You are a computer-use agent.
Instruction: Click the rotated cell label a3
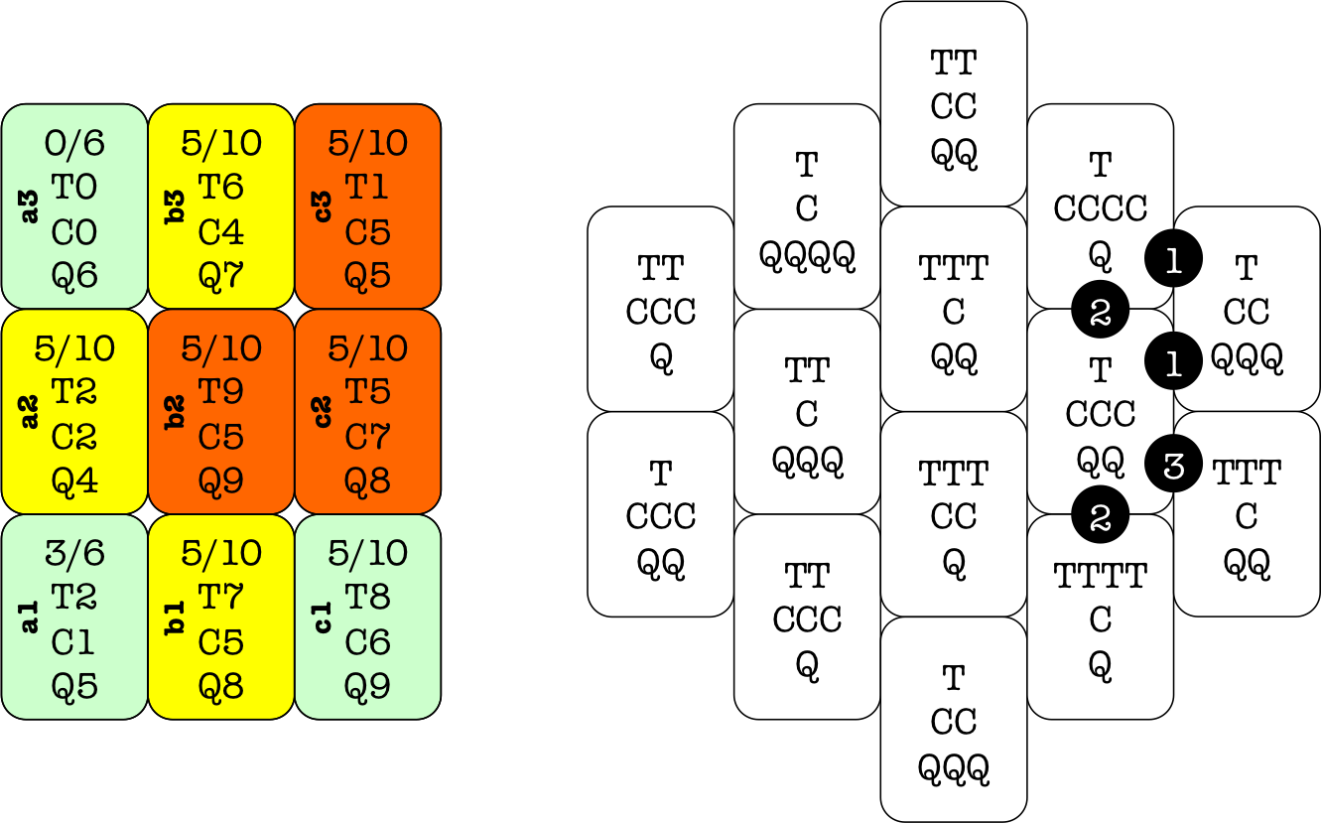click(30, 206)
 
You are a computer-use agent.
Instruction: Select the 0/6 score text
click(74, 144)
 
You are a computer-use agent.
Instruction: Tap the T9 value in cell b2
click(220, 392)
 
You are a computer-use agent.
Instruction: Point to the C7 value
click(367, 437)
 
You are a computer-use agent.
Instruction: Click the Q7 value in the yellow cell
click(220, 275)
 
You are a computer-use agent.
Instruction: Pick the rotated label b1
click(177, 617)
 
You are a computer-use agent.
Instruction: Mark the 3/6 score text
click(74, 553)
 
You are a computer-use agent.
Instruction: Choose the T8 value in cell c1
click(367, 598)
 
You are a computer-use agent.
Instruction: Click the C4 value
click(220, 231)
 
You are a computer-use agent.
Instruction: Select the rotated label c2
click(324, 412)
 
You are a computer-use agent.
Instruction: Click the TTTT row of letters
click(1100, 575)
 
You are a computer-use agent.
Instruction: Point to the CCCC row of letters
click(1100, 208)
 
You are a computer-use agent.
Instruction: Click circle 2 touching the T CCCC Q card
click(1100, 312)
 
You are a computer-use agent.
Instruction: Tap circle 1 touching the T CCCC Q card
click(1173, 260)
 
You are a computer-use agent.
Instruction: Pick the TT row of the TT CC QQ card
click(953, 63)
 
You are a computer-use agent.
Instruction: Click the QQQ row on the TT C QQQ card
click(807, 460)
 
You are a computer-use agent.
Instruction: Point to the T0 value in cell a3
click(74, 188)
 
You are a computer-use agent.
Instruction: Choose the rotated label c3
click(324, 206)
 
